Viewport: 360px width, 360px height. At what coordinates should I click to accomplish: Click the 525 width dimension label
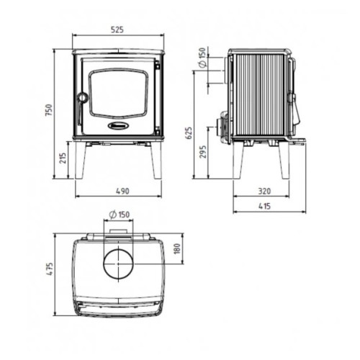(117, 30)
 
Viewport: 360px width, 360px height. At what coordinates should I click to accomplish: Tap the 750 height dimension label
(49, 110)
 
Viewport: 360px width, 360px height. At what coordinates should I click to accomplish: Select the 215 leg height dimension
(63, 158)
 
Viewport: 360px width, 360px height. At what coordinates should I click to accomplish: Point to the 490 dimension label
(122, 191)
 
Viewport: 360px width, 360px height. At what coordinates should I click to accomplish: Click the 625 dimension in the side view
(189, 133)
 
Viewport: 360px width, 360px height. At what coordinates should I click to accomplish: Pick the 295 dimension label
(203, 152)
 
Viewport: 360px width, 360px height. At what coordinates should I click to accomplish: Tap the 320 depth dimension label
(264, 191)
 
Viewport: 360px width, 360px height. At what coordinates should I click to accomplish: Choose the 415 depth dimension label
(264, 206)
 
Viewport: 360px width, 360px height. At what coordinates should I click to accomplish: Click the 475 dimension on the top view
(50, 269)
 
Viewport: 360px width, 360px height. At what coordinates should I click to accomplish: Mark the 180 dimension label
(176, 248)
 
